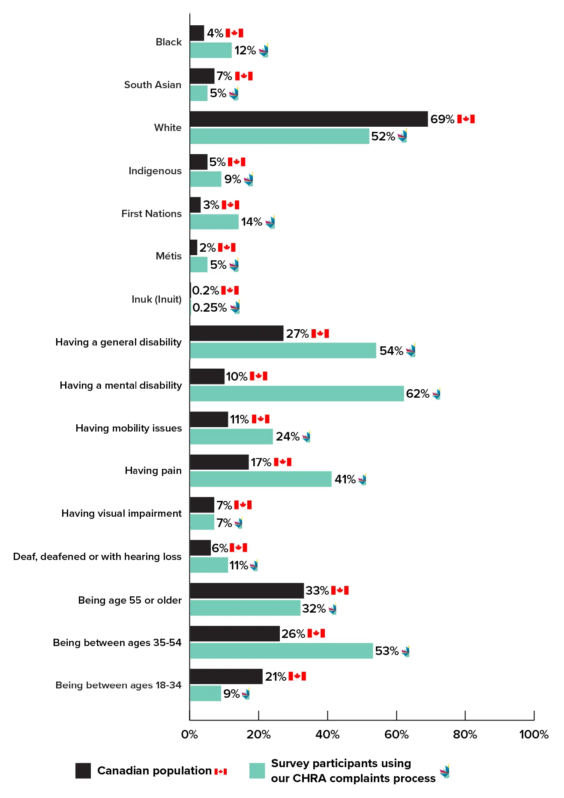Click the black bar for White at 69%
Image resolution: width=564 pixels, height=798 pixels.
tap(309, 119)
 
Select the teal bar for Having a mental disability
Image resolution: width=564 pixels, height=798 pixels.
tap(297, 393)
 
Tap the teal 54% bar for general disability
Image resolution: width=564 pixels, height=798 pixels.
tap(283, 351)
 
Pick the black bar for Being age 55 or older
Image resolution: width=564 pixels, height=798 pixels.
tap(246, 591)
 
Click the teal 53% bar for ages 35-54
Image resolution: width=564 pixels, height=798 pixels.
tap(281, 651)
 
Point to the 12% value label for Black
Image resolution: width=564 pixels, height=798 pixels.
tap(245, 51)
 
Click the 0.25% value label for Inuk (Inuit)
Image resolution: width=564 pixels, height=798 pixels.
tap(210, 308)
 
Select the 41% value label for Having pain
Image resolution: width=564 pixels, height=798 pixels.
tap(345, 479)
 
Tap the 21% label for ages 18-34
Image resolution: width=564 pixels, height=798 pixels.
tap(276, 677)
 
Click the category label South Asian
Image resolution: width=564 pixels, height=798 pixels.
tap(153, 85)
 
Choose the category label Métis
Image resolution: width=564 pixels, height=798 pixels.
tap(168, 256)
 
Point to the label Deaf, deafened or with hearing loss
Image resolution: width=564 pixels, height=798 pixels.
tap(97, 557)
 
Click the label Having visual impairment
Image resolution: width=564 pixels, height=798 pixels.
tap(121, 513)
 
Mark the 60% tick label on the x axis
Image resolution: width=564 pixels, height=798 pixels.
tap(396, 735)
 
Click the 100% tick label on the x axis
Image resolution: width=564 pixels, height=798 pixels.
tap(534, 735)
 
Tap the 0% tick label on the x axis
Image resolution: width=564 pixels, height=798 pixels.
tap(189, 735)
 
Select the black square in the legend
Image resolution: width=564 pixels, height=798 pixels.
tap(83, 771)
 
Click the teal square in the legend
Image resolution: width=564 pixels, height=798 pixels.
tap(257, 771)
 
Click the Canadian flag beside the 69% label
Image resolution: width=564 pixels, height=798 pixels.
tap(466, 119)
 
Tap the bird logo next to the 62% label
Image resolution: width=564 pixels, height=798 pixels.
tap(436, 393)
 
